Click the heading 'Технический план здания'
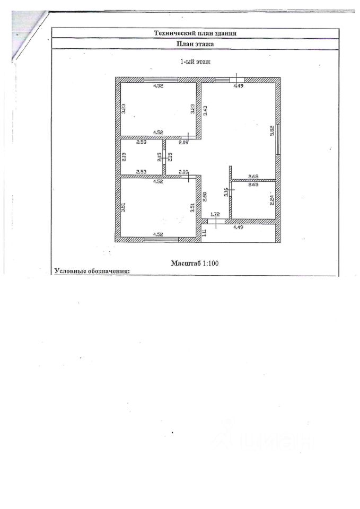(x=195, y=33)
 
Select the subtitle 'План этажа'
(x=195, y=45)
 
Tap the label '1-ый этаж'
(x=196, y=62)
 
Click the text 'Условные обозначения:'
(x=92, y=271)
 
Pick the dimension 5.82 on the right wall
(x=271, y=130)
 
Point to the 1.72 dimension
(x=215, y=214)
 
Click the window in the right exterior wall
(x=277, y=139)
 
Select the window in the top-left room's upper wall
(x=161, y=80)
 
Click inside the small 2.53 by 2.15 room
(x=141, y=157)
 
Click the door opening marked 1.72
(x=216, y=221)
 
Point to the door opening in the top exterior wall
(x=236, y=80)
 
